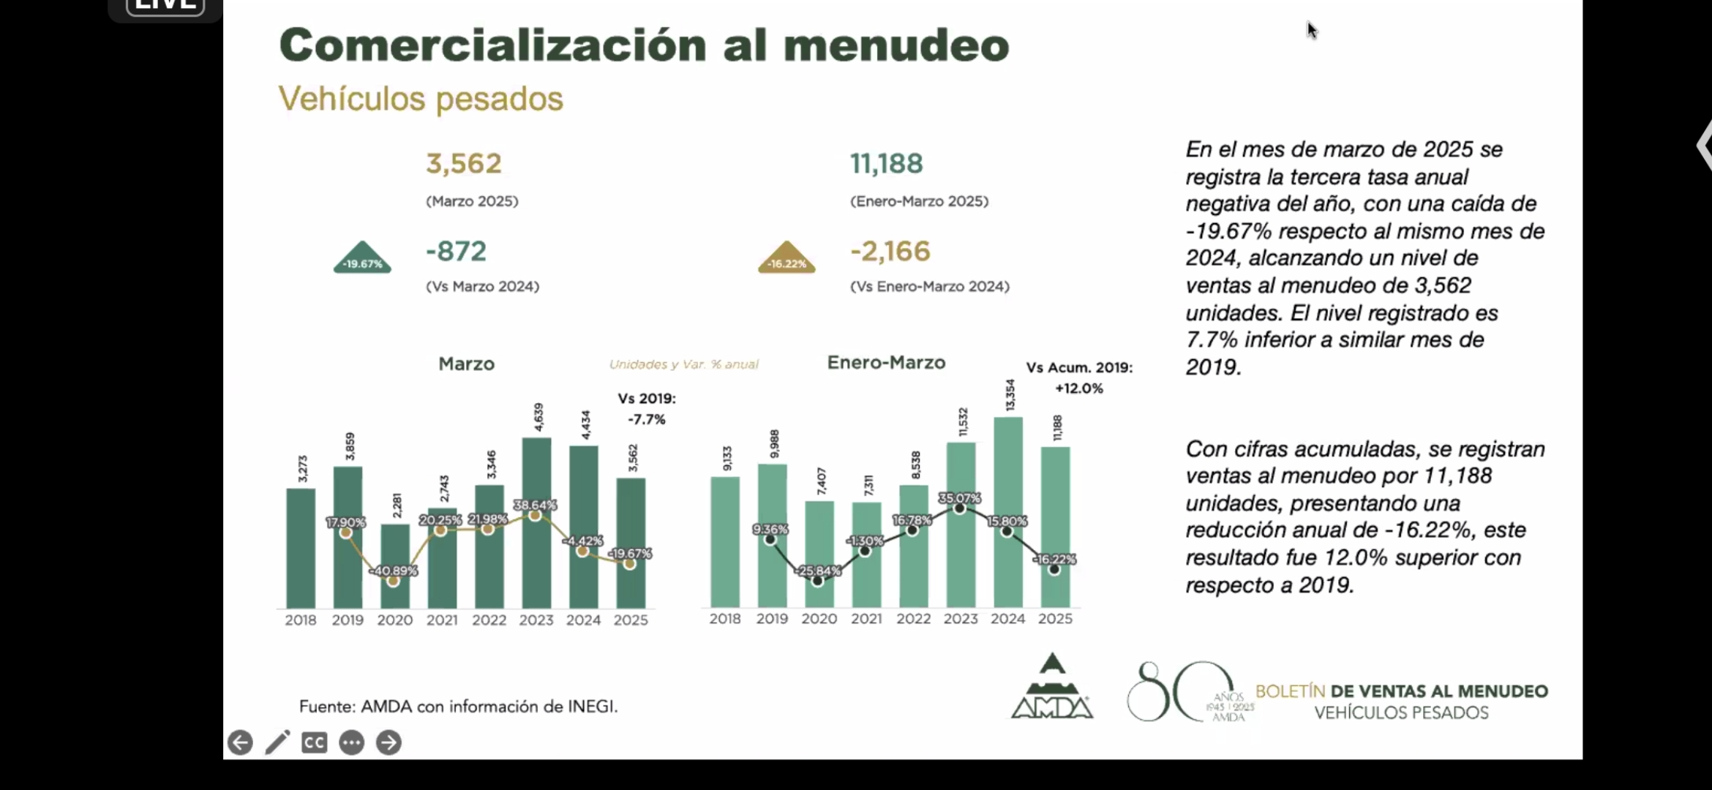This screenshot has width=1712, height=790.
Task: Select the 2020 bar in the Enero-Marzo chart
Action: pos(819,556)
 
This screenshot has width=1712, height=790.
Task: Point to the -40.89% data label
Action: pos(393,571)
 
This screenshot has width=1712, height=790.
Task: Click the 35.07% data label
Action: pos(959,498)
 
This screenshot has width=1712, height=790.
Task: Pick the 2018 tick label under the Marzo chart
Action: pos(300,620)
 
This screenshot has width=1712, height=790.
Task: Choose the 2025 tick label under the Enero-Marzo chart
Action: pos(1055,619)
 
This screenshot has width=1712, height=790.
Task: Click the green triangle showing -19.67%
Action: pos(362,258)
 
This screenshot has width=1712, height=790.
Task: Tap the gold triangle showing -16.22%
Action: pos(786,258)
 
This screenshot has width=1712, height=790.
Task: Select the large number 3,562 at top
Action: pos(464,163)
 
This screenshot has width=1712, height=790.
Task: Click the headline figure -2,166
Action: pos(890,251)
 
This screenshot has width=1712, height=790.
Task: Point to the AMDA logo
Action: pos(1052,688)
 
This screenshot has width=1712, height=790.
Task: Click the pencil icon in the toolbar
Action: pos(277,742)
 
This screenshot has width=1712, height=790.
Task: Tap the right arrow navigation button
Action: pos(388,742)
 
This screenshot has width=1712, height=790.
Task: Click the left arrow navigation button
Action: pos(240,742)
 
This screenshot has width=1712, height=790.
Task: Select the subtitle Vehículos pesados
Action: pos(421,99)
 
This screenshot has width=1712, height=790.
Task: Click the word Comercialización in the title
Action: pos(492,45)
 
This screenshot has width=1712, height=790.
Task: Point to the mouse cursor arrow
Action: pos(1312,30)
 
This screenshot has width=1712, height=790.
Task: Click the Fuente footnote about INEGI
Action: pos(458,707)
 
